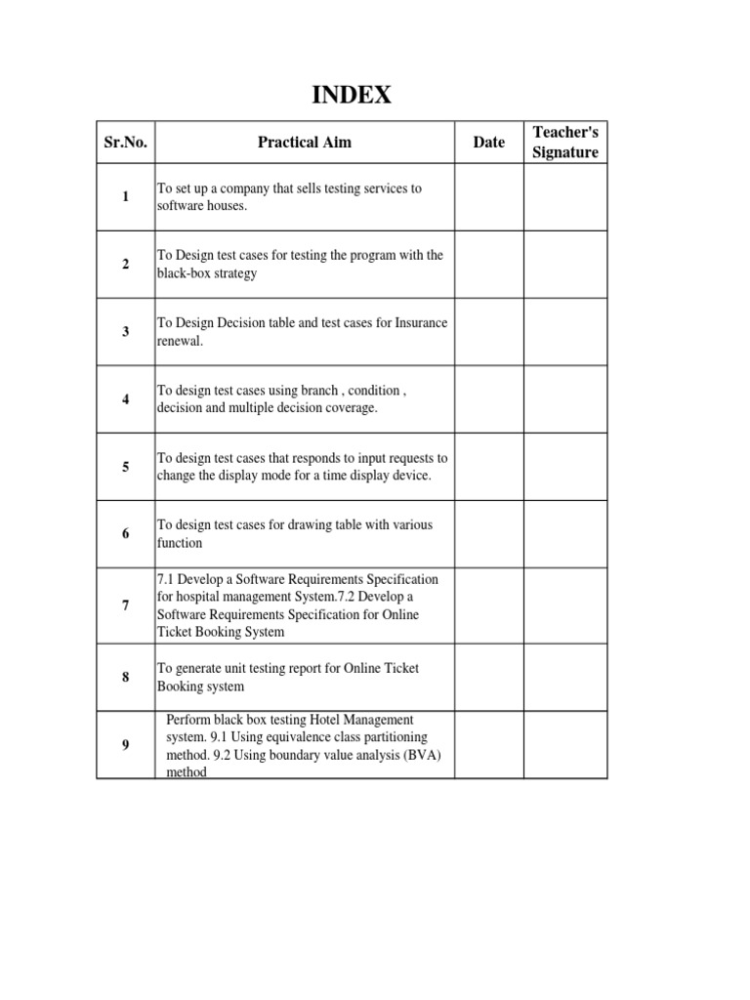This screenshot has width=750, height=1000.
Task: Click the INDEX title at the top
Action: pyautogui.click(x=352, y=95)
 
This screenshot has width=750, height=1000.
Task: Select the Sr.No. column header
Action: pyautogui.click(x=125, y=143)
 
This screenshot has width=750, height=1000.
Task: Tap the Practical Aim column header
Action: pyautogui.click(x=304, y=143)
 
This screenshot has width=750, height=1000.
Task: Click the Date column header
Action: pyautogui.click(x=488, y=143)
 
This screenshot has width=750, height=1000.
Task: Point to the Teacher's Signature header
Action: pyautogui.click(x=565, y=143)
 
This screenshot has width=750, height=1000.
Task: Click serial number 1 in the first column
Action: pyautogui.click(x=125, y=197)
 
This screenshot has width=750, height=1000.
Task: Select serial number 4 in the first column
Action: pyautogui.click(x=125, y=399)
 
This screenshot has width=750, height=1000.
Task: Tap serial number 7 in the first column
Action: pyautogui.click(x=125, y=605)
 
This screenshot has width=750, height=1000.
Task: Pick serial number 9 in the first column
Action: pyautogui.click(x=125, y=745)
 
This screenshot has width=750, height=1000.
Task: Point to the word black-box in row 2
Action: pyautogui.click(x=183, y=273)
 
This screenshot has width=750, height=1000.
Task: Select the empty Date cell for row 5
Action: pyautogui.click(x=488, y=467)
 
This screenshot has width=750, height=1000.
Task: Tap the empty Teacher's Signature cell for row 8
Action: pyautogui.click(x=565, y=677)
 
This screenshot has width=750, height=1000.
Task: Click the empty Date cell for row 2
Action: pyautogui.click(x=488, y=265)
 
